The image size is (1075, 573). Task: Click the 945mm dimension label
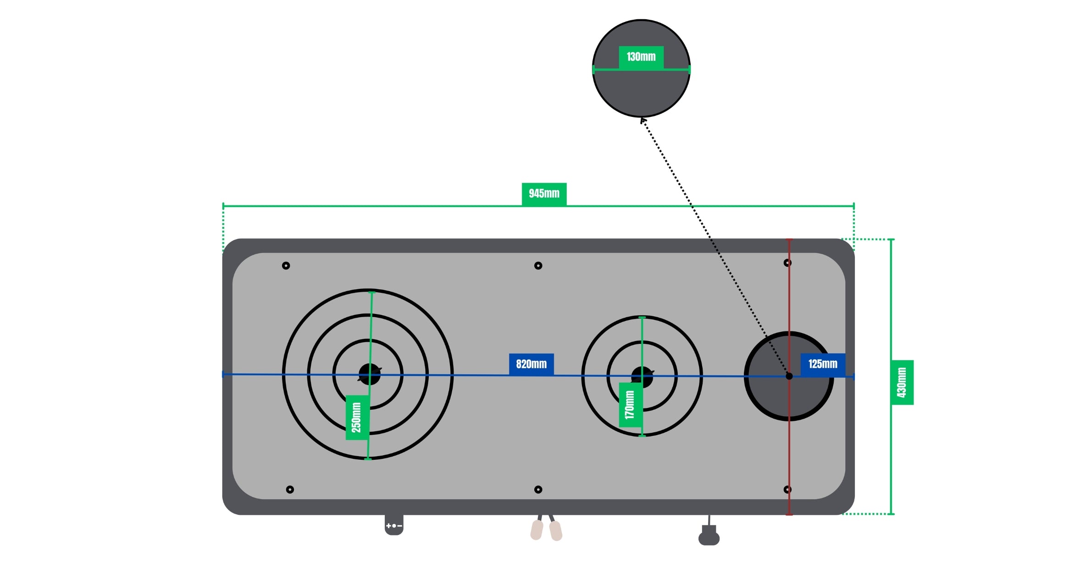(544, 194)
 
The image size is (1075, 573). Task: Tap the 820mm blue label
(531, 364)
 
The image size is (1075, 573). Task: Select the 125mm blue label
(823, 364)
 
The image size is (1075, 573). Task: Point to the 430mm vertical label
(902, 382)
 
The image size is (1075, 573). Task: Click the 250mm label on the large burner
(357, 417)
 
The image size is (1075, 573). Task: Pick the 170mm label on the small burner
(630, 405)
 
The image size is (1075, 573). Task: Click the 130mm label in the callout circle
(641, 57)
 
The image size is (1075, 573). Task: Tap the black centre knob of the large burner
(370, 374)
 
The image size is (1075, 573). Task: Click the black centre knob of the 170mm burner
(642, 377)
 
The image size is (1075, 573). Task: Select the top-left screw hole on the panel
(286, 265)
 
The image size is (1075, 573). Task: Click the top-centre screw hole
(538, 265)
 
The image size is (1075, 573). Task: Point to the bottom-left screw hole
(290, 490)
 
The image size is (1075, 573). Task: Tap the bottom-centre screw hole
(538, 490)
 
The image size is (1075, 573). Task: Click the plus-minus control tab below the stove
(394, 525)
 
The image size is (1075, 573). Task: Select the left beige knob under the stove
(537, 530)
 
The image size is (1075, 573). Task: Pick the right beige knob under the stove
(556, 531)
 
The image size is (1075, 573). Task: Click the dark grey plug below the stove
(709, 537)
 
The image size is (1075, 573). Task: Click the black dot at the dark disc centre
(789, 376)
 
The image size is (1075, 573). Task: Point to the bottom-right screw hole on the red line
(787, 490)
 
